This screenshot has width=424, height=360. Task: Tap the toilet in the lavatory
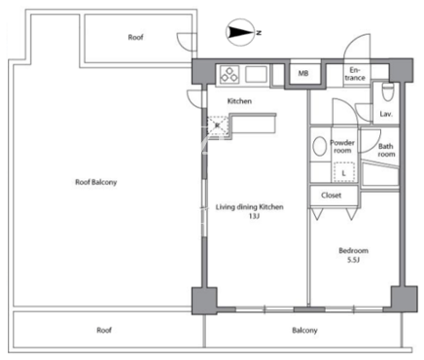point(387,91)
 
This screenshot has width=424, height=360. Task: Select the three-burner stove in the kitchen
point(230,74)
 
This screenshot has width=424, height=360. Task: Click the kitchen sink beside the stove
point(256,74)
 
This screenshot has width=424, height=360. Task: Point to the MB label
point(303,74)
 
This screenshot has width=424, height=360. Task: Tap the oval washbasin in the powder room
point(320,146)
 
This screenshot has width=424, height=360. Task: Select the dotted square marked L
point(344,172)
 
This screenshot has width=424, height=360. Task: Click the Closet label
point(331,196)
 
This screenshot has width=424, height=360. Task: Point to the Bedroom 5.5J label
point(353,255)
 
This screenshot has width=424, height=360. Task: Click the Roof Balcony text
point(96,182)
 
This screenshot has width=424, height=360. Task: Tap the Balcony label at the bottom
point(304,331)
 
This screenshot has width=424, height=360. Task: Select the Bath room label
point(386,150)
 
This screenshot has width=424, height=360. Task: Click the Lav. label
point(386,114)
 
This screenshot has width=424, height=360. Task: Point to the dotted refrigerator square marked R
point(218,125)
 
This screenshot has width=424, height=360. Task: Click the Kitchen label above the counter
point(239,101)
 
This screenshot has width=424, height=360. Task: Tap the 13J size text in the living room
point(254,216)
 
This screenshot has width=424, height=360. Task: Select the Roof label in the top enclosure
point(135,37)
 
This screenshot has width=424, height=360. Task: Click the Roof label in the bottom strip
point(104,330)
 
